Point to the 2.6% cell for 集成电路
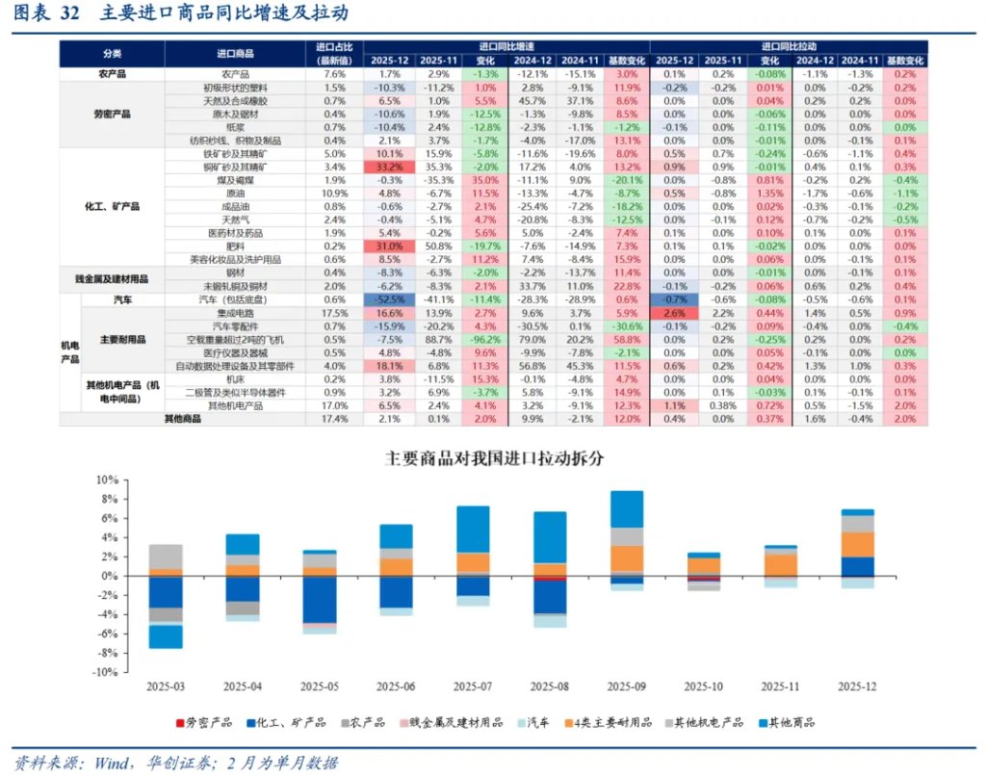[x=674, y=313]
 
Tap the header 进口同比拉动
[x=789, y=45]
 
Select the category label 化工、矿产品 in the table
[x=114, y=206]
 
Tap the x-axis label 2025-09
[x=627, y=686]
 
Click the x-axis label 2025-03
[x=166, y=686]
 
